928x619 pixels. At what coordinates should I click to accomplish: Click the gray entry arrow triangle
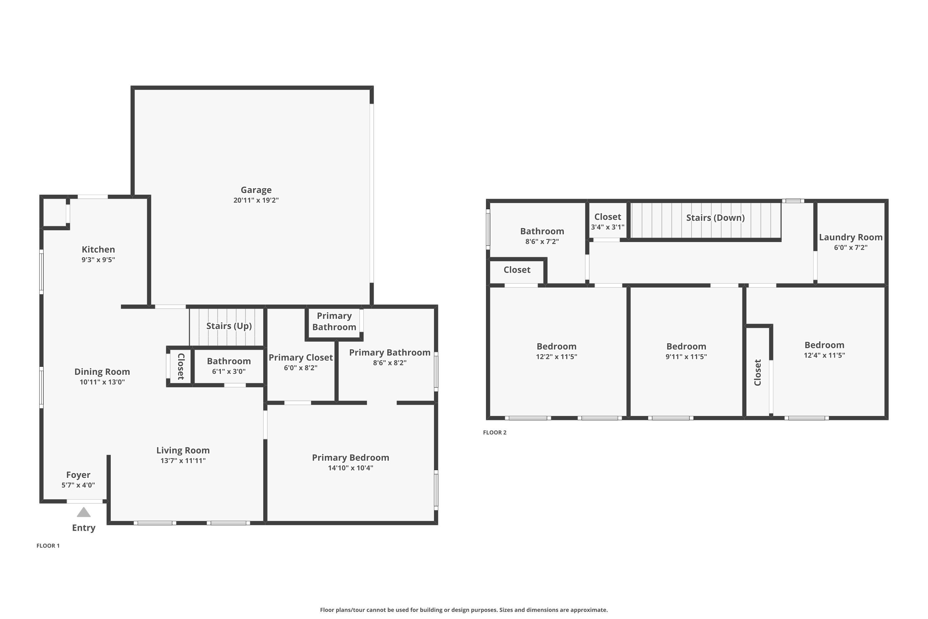pyautogui.click(x=84, y=513)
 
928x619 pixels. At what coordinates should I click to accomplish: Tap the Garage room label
pyautogui.click(x=256, y=190)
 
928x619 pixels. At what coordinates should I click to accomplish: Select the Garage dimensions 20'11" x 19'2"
pyautogui.click(x=256, y=200)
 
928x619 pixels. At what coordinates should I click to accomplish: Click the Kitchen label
pyautogui.click(x=98, y=249)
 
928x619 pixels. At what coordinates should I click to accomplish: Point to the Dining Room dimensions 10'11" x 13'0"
pyautogui.click(x=102, y=382)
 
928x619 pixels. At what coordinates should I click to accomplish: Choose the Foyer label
pyautogui.click(x=78, y=475)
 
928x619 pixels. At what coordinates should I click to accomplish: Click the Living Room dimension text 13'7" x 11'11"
pyautogui.click(x=183, y=460)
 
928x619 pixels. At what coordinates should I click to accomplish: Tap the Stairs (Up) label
pyautogui.click(x=229, y=326)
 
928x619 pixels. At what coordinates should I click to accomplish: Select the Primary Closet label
pyautogui.click(x=301, y=358)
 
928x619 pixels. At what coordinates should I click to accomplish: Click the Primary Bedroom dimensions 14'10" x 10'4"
pyautogui.click(x=350, y=468)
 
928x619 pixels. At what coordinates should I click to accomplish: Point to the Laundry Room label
pyautogui.click(x=851, y=237)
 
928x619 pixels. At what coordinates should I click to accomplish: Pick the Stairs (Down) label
pyautogui.click(x=715, y=218)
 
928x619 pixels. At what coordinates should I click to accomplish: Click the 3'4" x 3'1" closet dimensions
pyautogui.click(x=608, y=227)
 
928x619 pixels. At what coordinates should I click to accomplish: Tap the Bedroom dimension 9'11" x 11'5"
pyautogui.click(x=686, y=357)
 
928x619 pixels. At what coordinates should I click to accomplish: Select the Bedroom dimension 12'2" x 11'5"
pyautogui.click(x=556, y=357)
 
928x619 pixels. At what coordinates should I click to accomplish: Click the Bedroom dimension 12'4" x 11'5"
pyautogui.click(x=824, y=355)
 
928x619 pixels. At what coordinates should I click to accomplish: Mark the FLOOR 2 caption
pyautogui.click(x=495, y=432)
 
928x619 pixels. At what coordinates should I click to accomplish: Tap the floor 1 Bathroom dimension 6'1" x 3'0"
pyautogui.click(x=229, y=371)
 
